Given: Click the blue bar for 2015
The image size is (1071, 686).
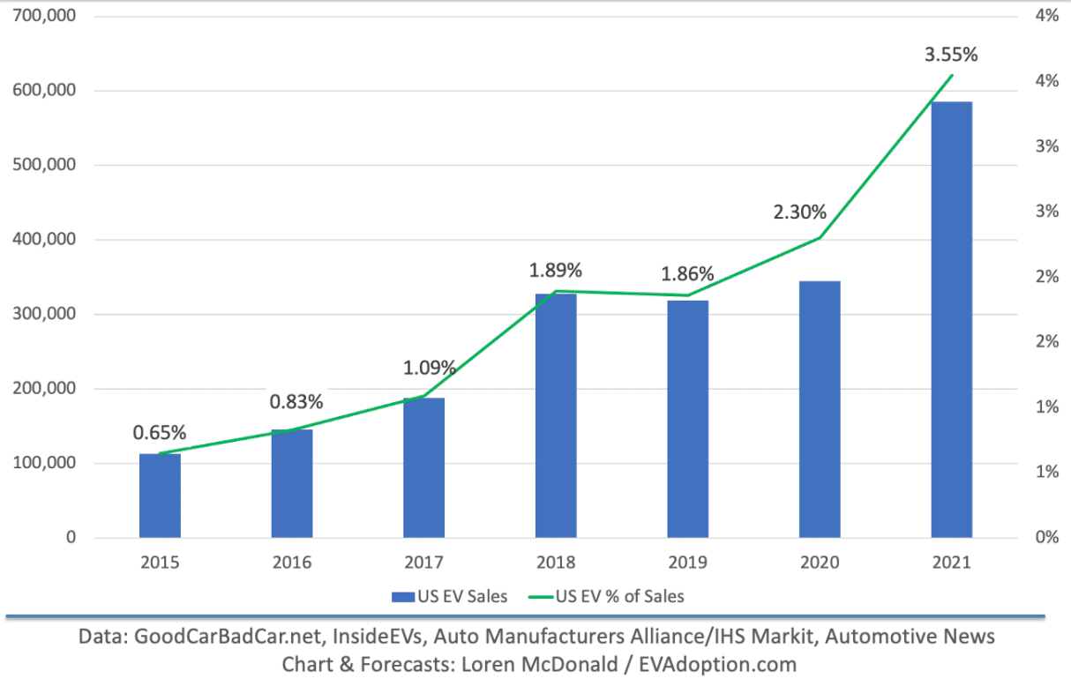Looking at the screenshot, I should [x=160, y=496].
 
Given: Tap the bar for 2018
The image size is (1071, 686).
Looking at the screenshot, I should [x=556, y=415].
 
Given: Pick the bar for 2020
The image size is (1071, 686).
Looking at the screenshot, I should [x=820, y=409].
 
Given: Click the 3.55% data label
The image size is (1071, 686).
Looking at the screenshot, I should [x=951, y=55].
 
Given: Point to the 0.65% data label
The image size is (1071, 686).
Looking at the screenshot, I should [x=160, y=432].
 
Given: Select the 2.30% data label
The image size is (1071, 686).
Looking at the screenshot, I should [x=800, y=212].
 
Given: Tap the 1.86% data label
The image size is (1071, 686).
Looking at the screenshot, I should [x=688, y=273].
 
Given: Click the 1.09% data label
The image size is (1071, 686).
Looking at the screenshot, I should [x=429, y=367].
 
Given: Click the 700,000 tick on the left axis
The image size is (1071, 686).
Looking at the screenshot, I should [x=43, y=16].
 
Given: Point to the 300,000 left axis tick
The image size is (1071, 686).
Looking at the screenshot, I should [x=43, y=314].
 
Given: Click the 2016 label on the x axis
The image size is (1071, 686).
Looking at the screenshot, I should [x=292, y=563].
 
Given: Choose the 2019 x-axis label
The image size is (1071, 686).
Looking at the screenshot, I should [x=688, y=563].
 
